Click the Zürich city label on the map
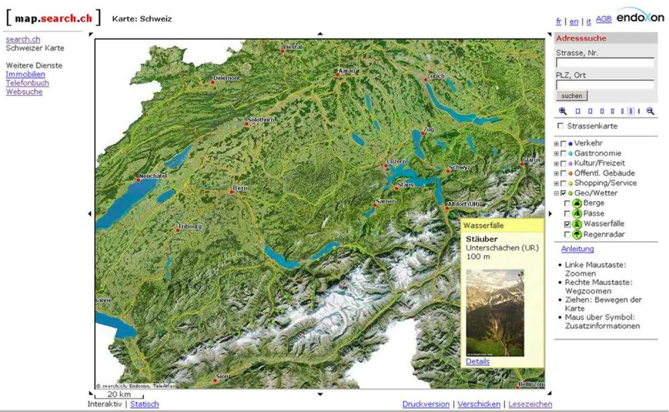tap(436, 75)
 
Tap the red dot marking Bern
tap(232, 192)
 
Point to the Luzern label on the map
tap(396, 161)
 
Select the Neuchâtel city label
tap(153, 175)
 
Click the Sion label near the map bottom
tap(222, 376)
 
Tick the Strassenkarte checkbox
tap(560, 126)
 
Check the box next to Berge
tap(568, 203)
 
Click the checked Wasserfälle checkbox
tap(568, 224)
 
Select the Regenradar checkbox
tap(568, 234)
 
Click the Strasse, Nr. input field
tap(605, 63)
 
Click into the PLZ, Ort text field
tap(605, 85)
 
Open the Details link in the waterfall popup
tap(478, 361)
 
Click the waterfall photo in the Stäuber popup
tap(495, 313)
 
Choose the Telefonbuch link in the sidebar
tap(27, 83)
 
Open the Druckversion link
tap(426, 404)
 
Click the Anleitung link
tap(577, 249)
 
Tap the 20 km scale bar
tap(119, 394)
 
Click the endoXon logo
tap(641, 16)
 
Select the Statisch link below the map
tap(144, 404)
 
